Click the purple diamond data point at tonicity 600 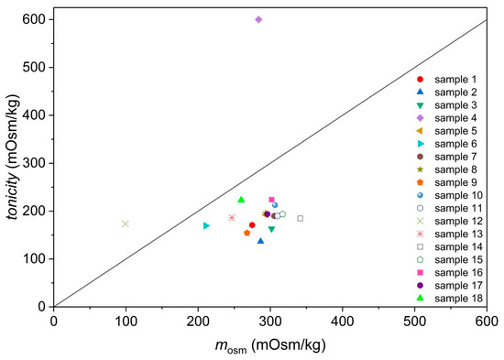258,19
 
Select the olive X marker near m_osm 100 126,224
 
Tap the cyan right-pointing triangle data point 206,225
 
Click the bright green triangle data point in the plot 241,200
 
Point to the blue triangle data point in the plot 260,241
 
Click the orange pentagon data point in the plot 247,233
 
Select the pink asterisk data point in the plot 232,218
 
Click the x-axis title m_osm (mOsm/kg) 269,346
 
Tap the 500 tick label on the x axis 414,322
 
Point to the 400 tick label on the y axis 35,115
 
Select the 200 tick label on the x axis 198,322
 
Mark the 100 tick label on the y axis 35,259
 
